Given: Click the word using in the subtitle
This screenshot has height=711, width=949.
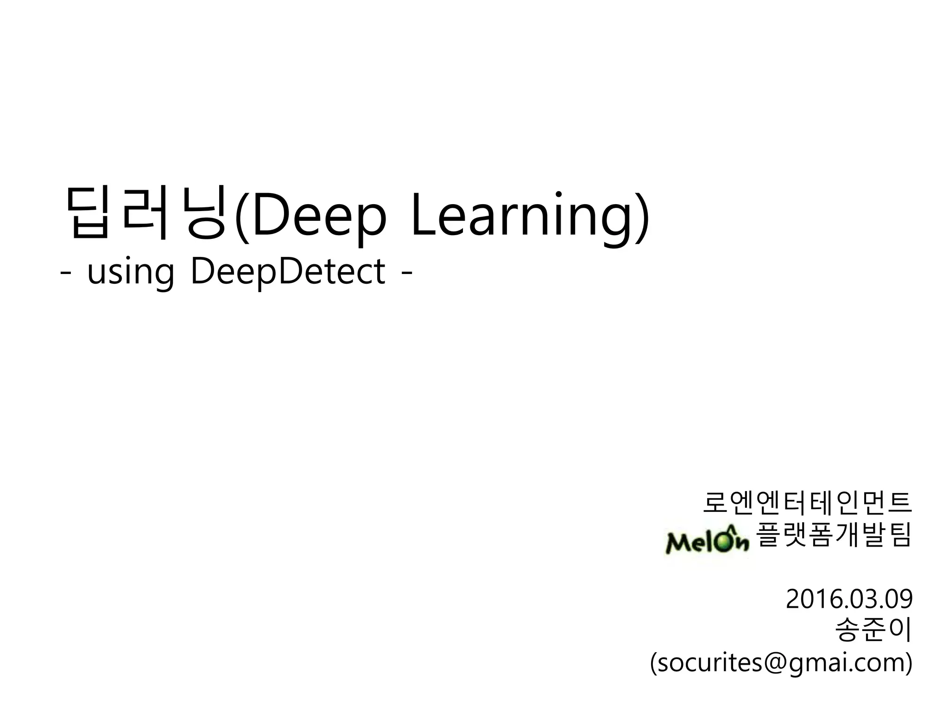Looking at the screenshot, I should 131,272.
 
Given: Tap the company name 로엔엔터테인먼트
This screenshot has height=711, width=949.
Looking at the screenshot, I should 807,503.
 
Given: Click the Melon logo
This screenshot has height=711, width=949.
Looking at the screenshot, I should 707,542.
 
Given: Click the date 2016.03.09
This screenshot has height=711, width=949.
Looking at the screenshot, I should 849,599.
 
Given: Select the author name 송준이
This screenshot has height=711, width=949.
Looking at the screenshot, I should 873,630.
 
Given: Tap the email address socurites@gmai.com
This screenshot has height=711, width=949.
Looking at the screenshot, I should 781,663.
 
